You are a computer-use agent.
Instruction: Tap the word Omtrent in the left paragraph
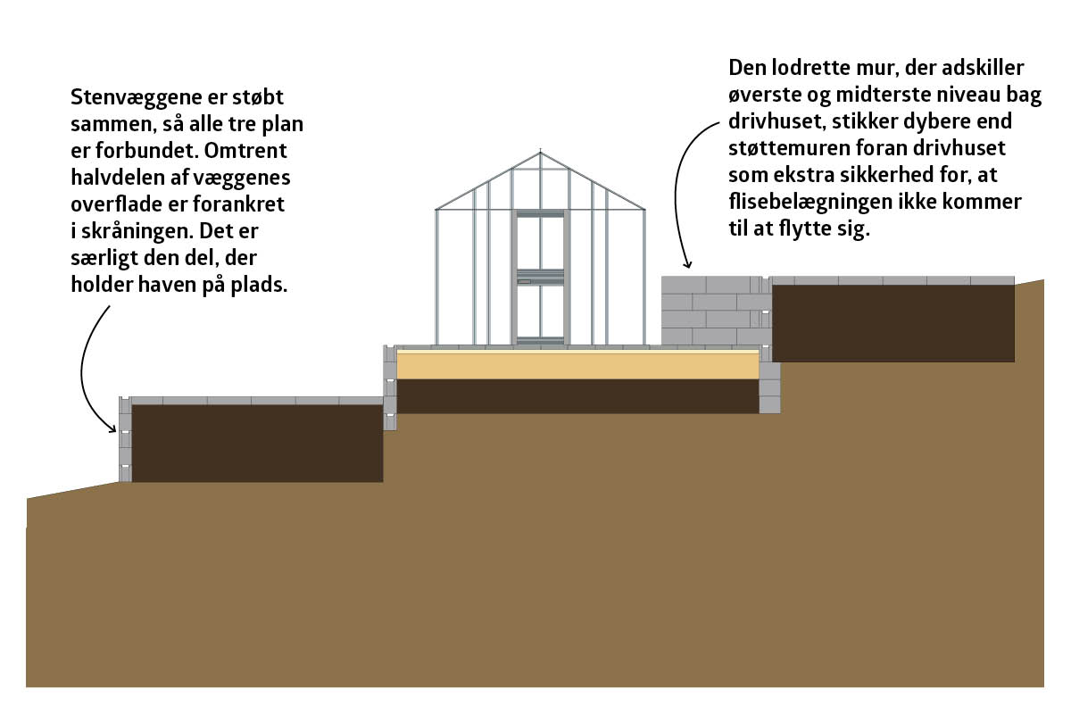tap(245, 151)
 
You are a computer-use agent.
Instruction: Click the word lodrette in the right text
tap(810, 68)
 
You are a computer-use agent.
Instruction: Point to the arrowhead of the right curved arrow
tap(688, 264)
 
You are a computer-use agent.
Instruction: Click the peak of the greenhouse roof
tap(540, 152)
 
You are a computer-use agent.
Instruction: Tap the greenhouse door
tap(540, 278)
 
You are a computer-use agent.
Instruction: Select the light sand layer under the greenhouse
tap(577, 365)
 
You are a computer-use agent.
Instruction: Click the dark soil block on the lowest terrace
tap(257, 444)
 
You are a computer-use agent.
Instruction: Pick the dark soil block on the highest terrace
tap(893, 323)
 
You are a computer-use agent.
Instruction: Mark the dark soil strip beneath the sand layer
tap(577, 396)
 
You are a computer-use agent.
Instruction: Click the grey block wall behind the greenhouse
tap(716, 311)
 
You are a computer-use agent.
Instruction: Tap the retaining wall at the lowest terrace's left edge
tap(125, 439)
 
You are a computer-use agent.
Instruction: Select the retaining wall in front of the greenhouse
tap(390, 387)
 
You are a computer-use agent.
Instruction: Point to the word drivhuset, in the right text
tap(777, 121)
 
